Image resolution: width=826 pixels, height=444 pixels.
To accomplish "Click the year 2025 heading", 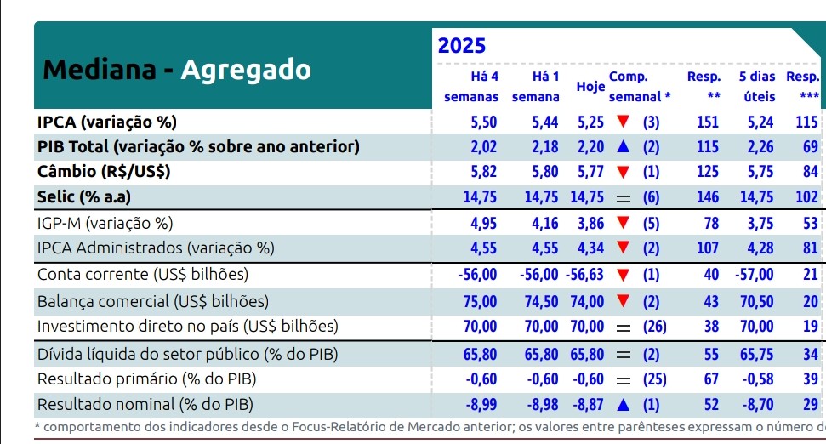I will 462,46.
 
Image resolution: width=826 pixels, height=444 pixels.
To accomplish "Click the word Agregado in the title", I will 246,70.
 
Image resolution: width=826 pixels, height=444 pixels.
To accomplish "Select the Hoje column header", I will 590,87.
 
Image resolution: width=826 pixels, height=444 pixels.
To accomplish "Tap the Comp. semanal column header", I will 639,87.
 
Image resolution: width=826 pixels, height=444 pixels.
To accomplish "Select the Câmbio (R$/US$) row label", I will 103,172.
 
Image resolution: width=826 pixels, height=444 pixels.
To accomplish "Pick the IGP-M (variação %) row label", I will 105,224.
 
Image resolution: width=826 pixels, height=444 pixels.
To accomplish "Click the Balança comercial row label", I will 152,301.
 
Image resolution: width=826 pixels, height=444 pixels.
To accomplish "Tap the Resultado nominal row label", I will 145,405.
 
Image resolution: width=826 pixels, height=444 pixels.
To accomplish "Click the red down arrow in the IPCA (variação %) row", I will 624,122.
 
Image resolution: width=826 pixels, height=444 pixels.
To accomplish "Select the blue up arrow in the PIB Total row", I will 624,147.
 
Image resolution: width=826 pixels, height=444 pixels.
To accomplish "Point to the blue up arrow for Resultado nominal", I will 624,405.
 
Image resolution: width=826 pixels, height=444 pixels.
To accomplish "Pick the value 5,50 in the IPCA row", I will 483,122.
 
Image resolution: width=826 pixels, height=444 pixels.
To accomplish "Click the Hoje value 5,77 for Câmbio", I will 590,172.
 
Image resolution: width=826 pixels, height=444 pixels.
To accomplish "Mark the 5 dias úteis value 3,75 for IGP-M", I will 760,224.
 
